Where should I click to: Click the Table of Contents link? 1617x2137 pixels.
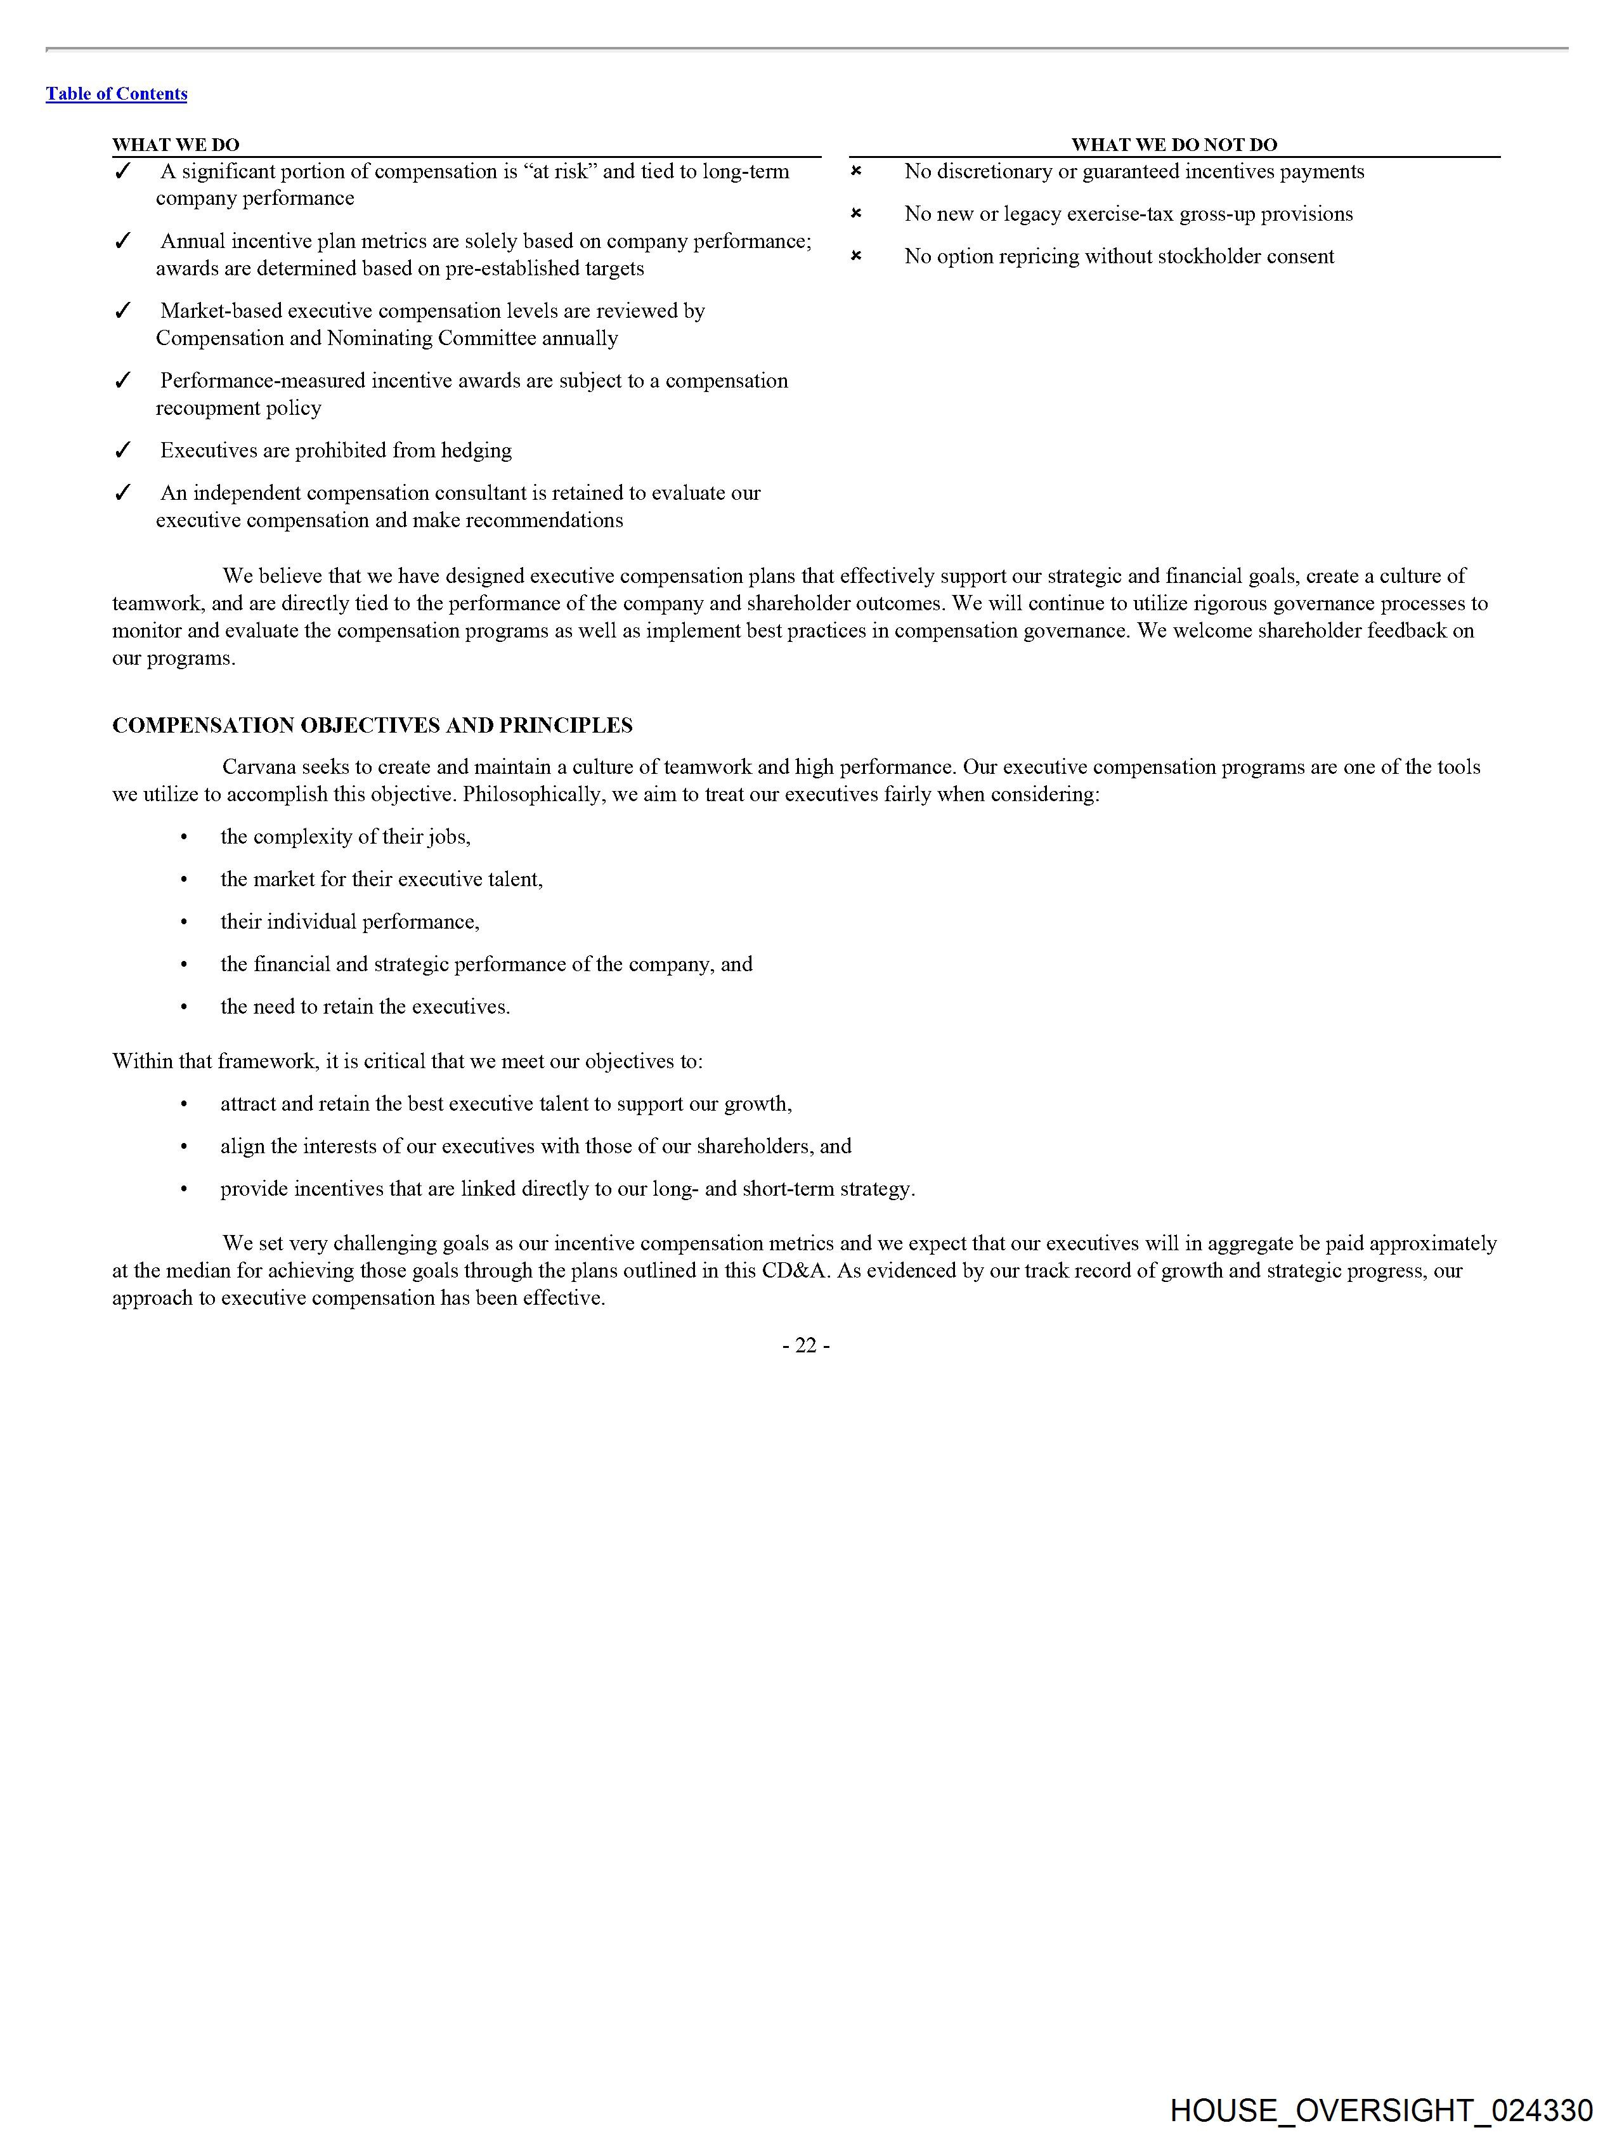(x=116, y=94)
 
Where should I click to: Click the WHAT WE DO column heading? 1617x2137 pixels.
(x=175, y=145)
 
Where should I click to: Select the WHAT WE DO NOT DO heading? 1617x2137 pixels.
(x=1174, y=145)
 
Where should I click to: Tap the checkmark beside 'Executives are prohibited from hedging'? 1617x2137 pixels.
(x=122, y=450)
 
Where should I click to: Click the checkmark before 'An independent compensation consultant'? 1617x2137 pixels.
(x=122, y=493)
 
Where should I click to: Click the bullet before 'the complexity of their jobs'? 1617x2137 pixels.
(x=183, y=837)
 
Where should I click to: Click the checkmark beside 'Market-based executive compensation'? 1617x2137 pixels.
(x=122, y=311)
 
